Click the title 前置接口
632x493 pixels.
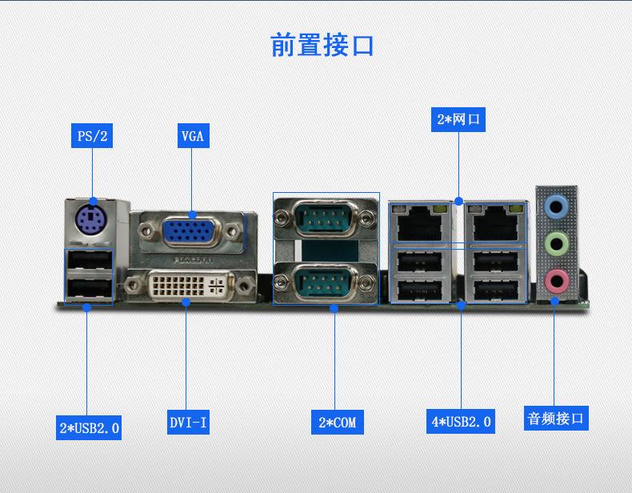[322, 46]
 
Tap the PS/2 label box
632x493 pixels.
[92, 135]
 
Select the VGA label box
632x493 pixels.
[193, 135]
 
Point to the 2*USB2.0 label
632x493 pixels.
[89, 427]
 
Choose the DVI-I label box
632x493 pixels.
[188, 422]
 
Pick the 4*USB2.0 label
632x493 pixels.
[461, 421]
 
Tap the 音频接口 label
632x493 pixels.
[556, 418]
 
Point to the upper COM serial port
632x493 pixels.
[326, 217]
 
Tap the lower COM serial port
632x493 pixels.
[326, 283]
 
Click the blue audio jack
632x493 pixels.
[555, 207]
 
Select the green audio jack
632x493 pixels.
[555, 243]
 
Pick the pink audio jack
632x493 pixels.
[555, 279]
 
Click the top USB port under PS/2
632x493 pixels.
[89, 263]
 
